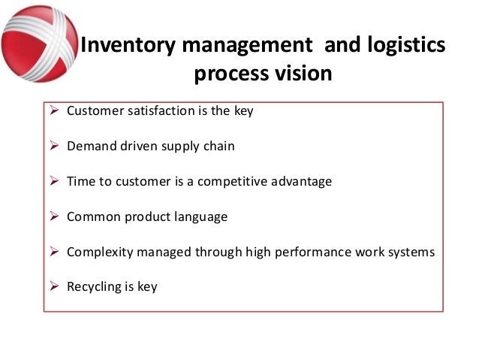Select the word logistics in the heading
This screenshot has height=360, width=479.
coord(404,46)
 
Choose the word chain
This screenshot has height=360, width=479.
coord(219,147)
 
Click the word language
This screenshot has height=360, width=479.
coord(200,217)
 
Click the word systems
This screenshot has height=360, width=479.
coord(409,252)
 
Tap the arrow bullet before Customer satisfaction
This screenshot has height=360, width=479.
coord(54,111)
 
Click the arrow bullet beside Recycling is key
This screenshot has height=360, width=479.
coord(54,286)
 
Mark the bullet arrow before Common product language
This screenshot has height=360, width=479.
coord(54,216)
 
